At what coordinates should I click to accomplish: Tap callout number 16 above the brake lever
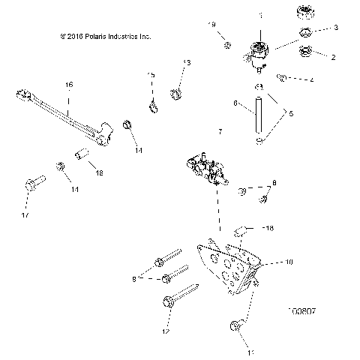click(68, 85)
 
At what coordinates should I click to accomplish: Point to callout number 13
click(187, 62)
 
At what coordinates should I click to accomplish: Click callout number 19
click(211, 25)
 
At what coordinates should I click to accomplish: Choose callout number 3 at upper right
click(335, 27)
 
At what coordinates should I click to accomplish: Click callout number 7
click(220, 132)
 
